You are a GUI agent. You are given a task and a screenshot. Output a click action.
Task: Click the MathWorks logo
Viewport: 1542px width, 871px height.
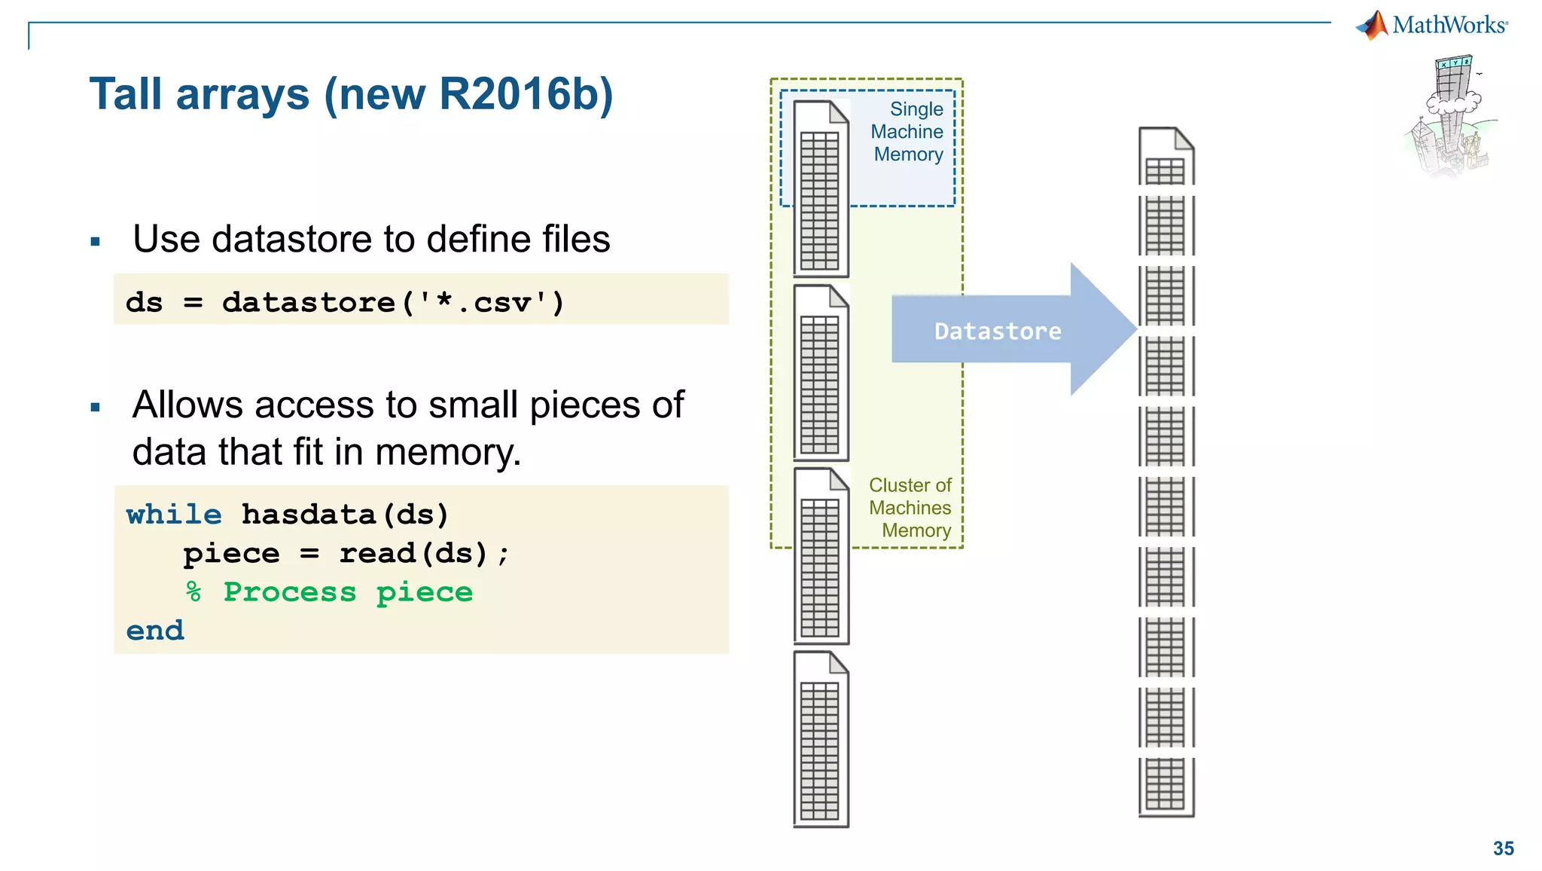click(1431, 25)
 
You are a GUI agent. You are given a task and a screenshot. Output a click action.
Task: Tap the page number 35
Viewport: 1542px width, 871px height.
click(1503, 848)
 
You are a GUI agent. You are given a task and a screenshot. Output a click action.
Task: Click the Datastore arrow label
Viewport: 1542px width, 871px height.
click(998, 332)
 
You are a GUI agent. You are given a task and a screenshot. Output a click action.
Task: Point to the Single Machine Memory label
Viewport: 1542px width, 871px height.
click(908, 132)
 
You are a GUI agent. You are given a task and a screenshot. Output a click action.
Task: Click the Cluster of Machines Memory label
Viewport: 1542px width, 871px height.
click(910, 508)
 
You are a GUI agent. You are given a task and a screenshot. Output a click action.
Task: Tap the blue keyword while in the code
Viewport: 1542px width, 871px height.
click(174, 515)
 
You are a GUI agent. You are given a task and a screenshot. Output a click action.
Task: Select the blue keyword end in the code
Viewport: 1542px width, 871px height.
click(155, 631)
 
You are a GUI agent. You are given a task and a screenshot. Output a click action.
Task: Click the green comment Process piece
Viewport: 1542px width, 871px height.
click(348, 592)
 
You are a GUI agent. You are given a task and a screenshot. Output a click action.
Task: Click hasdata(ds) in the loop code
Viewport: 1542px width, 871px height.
click(345, 515)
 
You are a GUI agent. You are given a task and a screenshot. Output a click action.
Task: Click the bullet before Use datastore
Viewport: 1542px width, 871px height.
click(95, 242)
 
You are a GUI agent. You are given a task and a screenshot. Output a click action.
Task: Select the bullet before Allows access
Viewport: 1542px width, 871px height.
click(95, 408)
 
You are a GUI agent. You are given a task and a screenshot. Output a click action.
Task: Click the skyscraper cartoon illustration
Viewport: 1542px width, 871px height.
click(1449, 117)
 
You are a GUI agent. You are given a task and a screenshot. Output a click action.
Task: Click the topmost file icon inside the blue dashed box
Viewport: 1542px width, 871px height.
click(821, 188)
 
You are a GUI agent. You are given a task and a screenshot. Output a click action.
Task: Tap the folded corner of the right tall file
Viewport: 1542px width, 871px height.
click(1184, 139)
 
